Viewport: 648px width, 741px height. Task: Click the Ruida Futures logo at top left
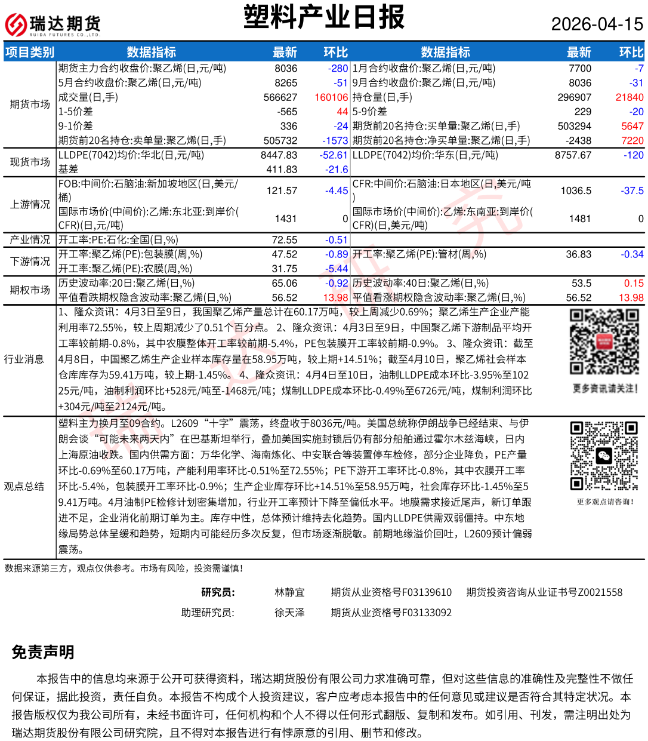pyautogui.click(x=53, y=24)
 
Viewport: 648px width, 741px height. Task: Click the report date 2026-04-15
pyautogui.click(x=597, y=24)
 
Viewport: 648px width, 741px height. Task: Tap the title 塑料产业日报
pyautogui.click(x=324, y=17)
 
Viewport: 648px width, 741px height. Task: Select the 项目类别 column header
pyautogui.click(x=30, y=53)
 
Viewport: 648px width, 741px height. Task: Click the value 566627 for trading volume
pyautogui.click(x=280, y=97)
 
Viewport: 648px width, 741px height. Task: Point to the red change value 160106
pyautogui.click(x=331, y=97)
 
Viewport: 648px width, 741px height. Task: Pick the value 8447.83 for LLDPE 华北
pyautogui.click(x=279, y=155)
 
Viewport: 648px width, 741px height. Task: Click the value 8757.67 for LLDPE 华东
pyautogui.click(x=573, y=155)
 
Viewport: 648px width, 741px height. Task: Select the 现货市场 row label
pyautogui.click(x=30, y=162)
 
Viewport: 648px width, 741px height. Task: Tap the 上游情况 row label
pyautogui.click(x=30, y=204)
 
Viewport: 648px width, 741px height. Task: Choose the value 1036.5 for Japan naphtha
pyautogui.click(x=576, y=190)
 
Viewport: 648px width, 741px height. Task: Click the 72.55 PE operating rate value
pyautogui.click(x=285, y=240)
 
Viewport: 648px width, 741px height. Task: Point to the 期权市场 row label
pyautogui.click(x=30, y=290)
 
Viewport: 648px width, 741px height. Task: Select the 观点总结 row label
pyautogui.click(x=24, y=486)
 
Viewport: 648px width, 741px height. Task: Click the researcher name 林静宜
pyautogui.click(x=289, y=592)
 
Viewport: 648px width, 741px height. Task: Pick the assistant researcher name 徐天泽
pyautogui.click(x=289, y=613)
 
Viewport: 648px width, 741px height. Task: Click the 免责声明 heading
pyautogui.click(x=43, y=652)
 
